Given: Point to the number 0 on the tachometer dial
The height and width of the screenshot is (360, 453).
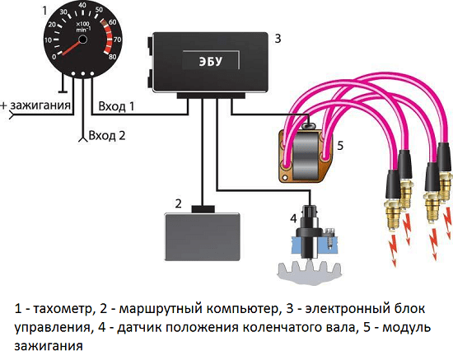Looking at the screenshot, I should pos(55,58).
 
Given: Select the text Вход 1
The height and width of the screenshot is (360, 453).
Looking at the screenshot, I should pos(116,106).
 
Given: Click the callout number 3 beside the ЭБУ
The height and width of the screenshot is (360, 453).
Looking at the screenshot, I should pos(278,38).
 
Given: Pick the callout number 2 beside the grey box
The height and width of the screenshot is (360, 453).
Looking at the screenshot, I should pos(178,203).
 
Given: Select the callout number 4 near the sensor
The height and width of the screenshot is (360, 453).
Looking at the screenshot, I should pos(292,217).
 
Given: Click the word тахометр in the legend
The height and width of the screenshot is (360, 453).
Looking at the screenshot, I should pos(62,310).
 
